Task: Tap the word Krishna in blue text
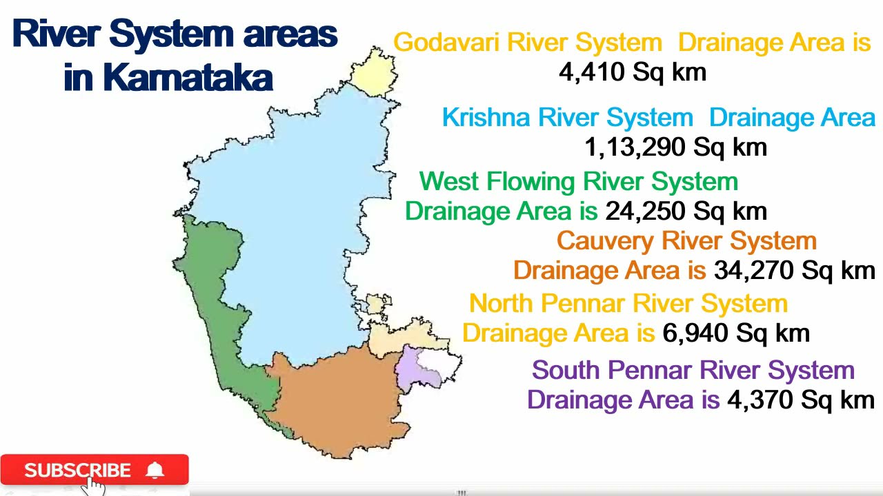pyautogui.click(x=486, y=117)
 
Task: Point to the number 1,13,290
pyautogui.click(x=635, y=147)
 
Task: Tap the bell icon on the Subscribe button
pyautogui.click(x=155, y=471)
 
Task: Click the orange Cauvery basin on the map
pyautogui.click(x=338, y=400)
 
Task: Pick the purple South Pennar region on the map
pyautogui.click(x=413, y=369)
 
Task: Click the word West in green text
pyautogui.click(x=450, y=182)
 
